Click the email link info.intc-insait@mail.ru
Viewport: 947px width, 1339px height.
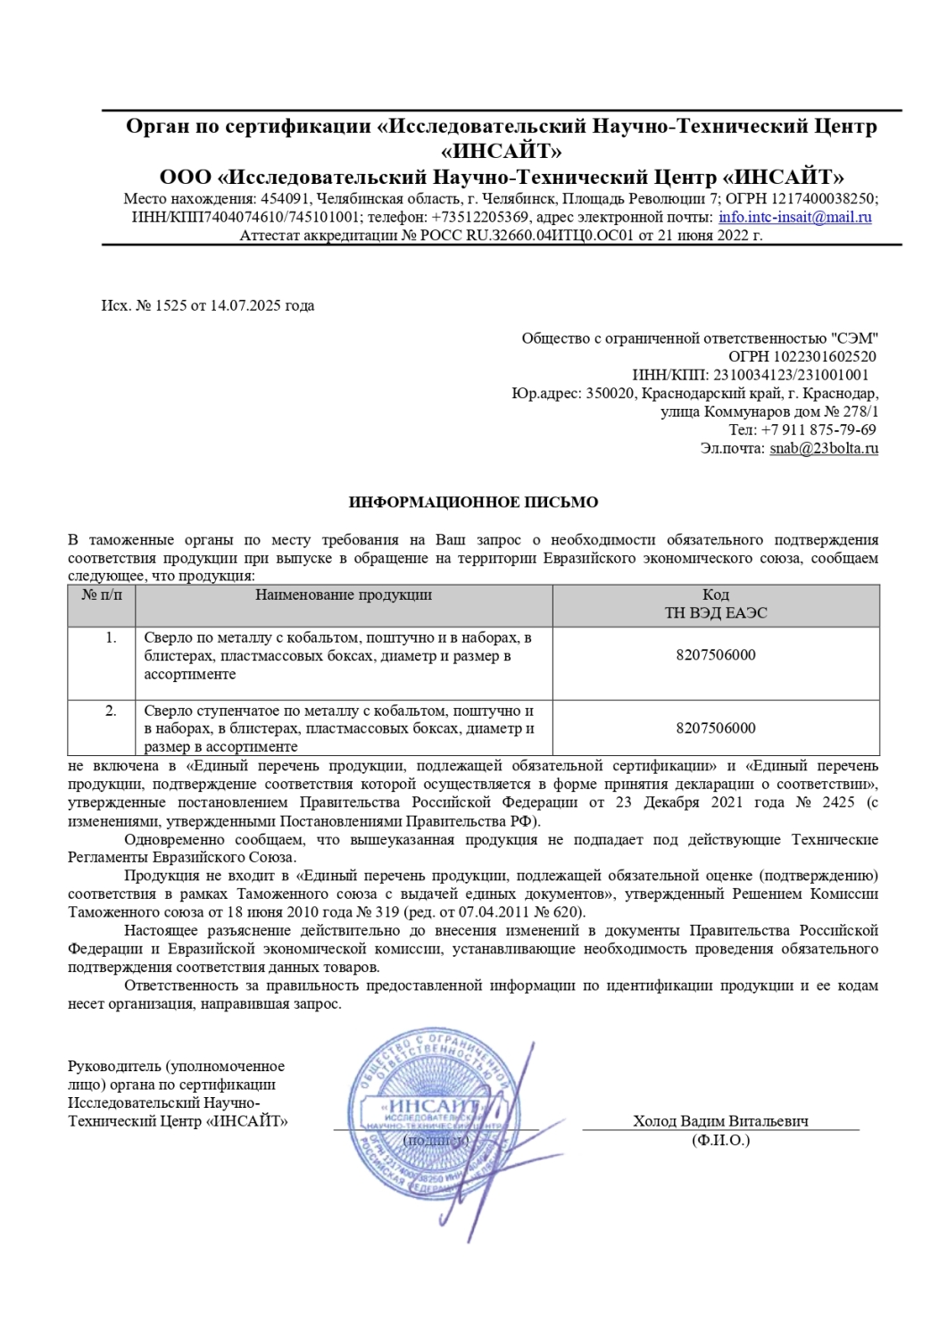tap(794, 217)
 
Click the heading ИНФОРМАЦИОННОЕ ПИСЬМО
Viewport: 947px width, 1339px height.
tap(473, 503)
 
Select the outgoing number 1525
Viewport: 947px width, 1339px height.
tap(170, 305)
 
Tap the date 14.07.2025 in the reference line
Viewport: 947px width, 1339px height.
tap(245, 305)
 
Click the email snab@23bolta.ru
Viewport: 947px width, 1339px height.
tap(824, 448)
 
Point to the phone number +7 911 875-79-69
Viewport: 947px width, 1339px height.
tap(818, 429)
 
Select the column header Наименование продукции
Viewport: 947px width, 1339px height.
tap(344, 595)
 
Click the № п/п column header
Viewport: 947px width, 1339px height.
tap(102, 595)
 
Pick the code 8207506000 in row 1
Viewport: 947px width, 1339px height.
tap(716, 655)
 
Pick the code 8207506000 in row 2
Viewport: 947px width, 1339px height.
tap(716, 728)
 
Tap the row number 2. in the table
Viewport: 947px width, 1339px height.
tap(111, 711)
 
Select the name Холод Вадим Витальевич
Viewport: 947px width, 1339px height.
tap(720, 1121)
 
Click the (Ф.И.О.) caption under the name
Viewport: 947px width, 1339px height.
tap(720, 1140)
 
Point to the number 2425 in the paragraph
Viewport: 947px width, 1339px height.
tap(838, 803)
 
